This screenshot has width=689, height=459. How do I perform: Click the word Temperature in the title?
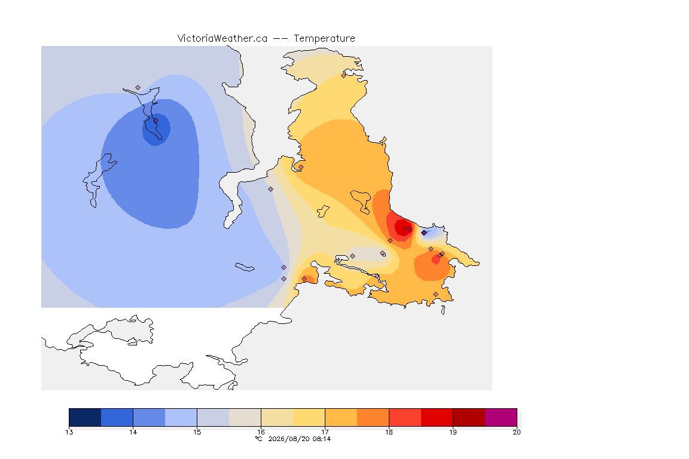(x=324, y=39)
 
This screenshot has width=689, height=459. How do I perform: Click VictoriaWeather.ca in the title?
(x=222, y=39)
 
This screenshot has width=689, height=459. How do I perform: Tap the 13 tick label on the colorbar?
(x=69, y=432)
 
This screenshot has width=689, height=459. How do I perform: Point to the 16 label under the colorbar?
(x=261, y=432)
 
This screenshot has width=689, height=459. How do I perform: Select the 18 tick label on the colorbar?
(x=389, y=432)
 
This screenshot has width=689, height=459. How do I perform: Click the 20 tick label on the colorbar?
(x=517, y=432)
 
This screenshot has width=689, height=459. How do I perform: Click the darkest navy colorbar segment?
(x=85, y=417)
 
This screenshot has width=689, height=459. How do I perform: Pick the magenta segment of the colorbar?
(x=501, y=417)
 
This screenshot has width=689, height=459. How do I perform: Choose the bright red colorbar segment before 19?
(x=437, y=417)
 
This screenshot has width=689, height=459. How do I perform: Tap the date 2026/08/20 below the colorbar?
(x=289, y=439)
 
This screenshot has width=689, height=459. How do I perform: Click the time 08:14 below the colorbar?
(x=321, y=439)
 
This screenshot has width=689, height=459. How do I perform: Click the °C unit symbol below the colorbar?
(x=259, y=439)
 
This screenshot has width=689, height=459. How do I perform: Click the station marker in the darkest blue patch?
(x=156, y=121)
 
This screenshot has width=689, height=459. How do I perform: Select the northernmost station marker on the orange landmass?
(x=344, y=75)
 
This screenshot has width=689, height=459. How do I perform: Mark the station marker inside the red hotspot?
(x=410, y=229)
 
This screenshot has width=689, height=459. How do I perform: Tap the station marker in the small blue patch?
(x=424, y=233)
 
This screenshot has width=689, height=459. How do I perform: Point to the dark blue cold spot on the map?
(x=156, y=129)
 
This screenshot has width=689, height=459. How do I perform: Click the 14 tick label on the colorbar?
(x=133, y=432)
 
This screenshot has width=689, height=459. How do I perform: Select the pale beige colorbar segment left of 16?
(x=245, y=417)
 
